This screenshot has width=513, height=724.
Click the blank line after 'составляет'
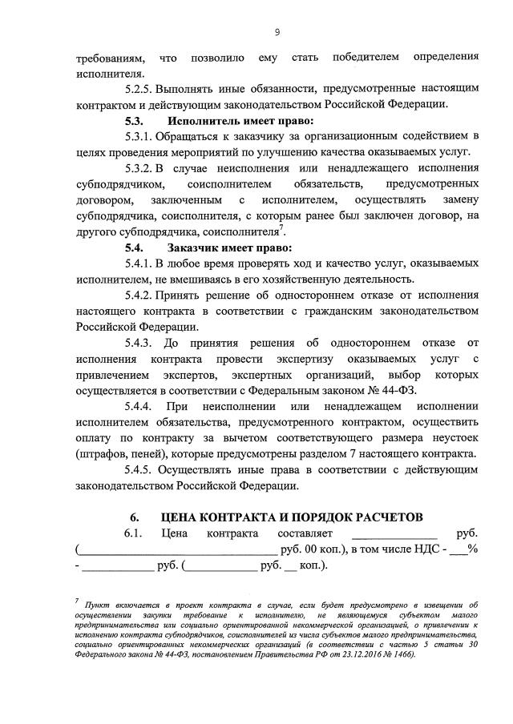(394, 533)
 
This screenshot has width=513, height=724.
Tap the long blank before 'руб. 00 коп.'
(177, 550)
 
